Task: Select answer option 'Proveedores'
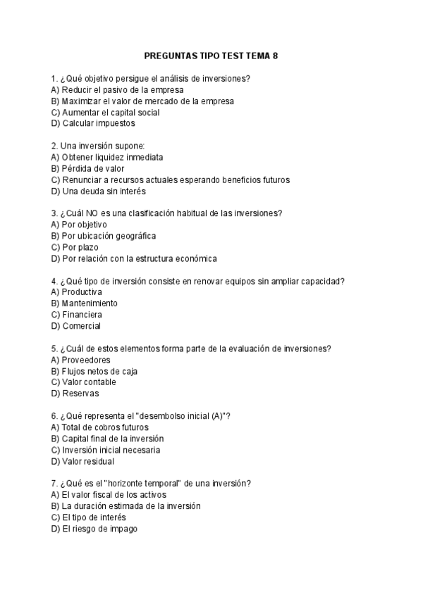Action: tap(81, 360)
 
